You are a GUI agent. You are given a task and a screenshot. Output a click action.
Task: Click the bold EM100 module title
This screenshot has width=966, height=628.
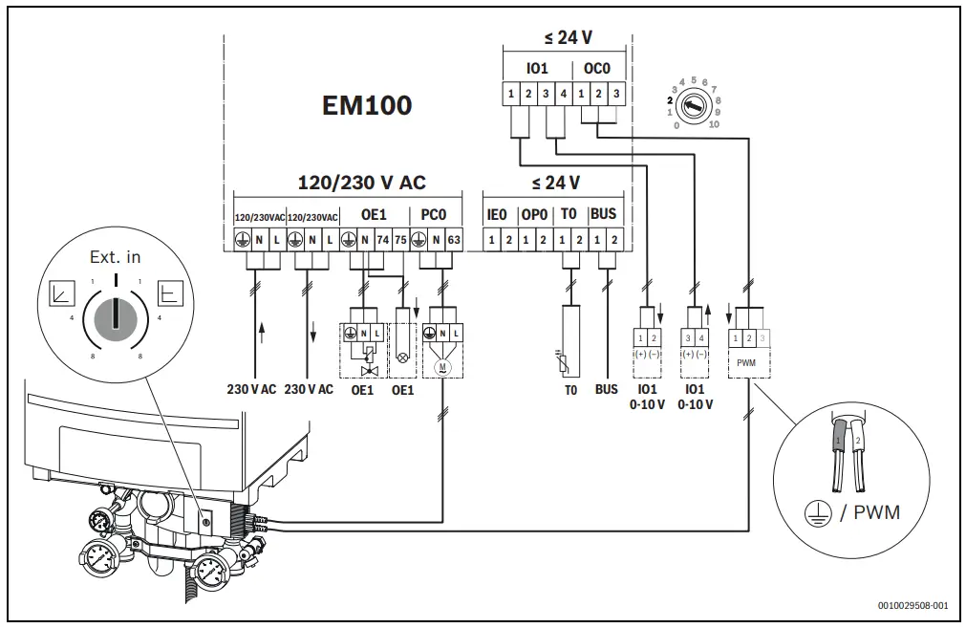[366, 105]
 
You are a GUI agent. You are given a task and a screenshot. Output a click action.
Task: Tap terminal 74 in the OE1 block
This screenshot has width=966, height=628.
[383, 240]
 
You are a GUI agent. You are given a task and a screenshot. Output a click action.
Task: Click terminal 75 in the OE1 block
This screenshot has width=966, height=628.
[400, 240]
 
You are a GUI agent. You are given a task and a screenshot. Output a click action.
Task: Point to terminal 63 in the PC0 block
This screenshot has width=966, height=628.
[454, 240]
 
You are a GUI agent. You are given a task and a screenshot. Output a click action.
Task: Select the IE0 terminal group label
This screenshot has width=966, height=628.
[497, 215]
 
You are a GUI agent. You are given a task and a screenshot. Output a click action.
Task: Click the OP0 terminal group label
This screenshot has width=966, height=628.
[533, 215]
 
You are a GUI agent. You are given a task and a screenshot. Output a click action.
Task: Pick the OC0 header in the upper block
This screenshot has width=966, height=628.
[597, 70]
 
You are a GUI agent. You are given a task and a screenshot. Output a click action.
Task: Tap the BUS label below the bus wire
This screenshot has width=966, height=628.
[606, 390]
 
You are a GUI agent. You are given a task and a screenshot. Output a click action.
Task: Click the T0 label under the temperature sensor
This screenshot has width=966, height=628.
[570, 390]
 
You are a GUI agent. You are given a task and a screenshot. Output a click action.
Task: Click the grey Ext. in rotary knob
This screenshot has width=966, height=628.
[115, 315]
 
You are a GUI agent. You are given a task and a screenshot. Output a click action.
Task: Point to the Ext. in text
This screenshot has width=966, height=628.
[115, 256]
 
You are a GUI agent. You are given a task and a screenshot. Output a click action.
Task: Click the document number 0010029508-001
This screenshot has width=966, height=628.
[912, 606]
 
